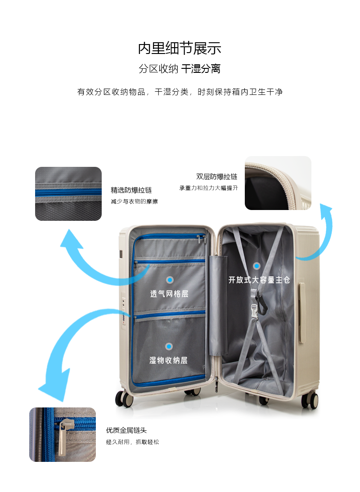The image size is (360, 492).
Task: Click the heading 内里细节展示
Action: [180, 49]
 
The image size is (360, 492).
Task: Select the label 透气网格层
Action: [169, 294]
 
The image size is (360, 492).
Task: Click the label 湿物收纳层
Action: [169, 360]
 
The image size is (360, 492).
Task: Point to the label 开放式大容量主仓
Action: [259, 280]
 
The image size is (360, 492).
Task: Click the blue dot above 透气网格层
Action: [170, 280]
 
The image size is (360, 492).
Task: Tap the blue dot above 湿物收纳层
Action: [169, 346]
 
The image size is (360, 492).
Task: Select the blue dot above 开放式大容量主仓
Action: [256, 266]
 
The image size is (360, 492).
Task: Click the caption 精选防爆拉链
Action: [131, 190]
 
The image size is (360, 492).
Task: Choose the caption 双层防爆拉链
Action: [216, 177]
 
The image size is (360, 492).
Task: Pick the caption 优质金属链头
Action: [126, 430]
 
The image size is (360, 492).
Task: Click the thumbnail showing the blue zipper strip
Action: [68, 194]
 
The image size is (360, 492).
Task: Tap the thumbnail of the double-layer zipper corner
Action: [278, 183]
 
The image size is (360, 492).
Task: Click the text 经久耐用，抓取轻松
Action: [132, 442]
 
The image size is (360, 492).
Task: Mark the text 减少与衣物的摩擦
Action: [134, 201]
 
